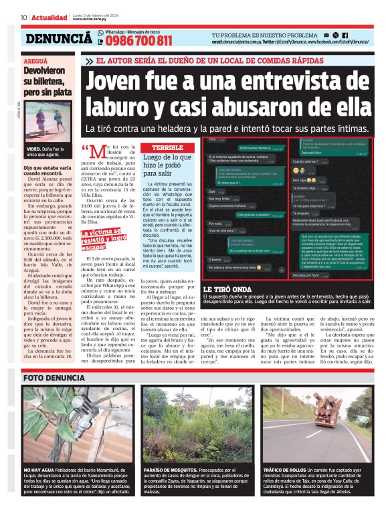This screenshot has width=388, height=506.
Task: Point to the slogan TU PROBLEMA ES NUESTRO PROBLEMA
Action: [x=265, y=34]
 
